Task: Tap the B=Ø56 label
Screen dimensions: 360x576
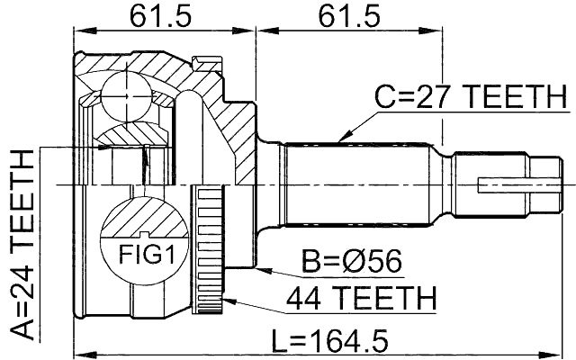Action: [x=351, y=263]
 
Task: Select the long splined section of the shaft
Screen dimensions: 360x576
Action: [x=360, y=185]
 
